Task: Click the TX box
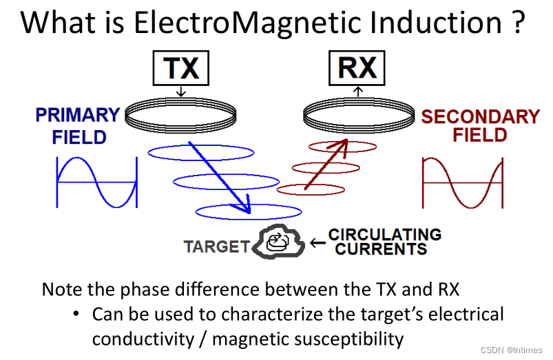[180, 68]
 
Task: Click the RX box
[357, 68]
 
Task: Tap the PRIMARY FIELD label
[77, 125]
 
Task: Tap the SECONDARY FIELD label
[480, 125]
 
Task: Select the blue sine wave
[96, 182]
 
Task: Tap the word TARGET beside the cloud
[216, 246]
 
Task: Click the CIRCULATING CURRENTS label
[384, 241]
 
